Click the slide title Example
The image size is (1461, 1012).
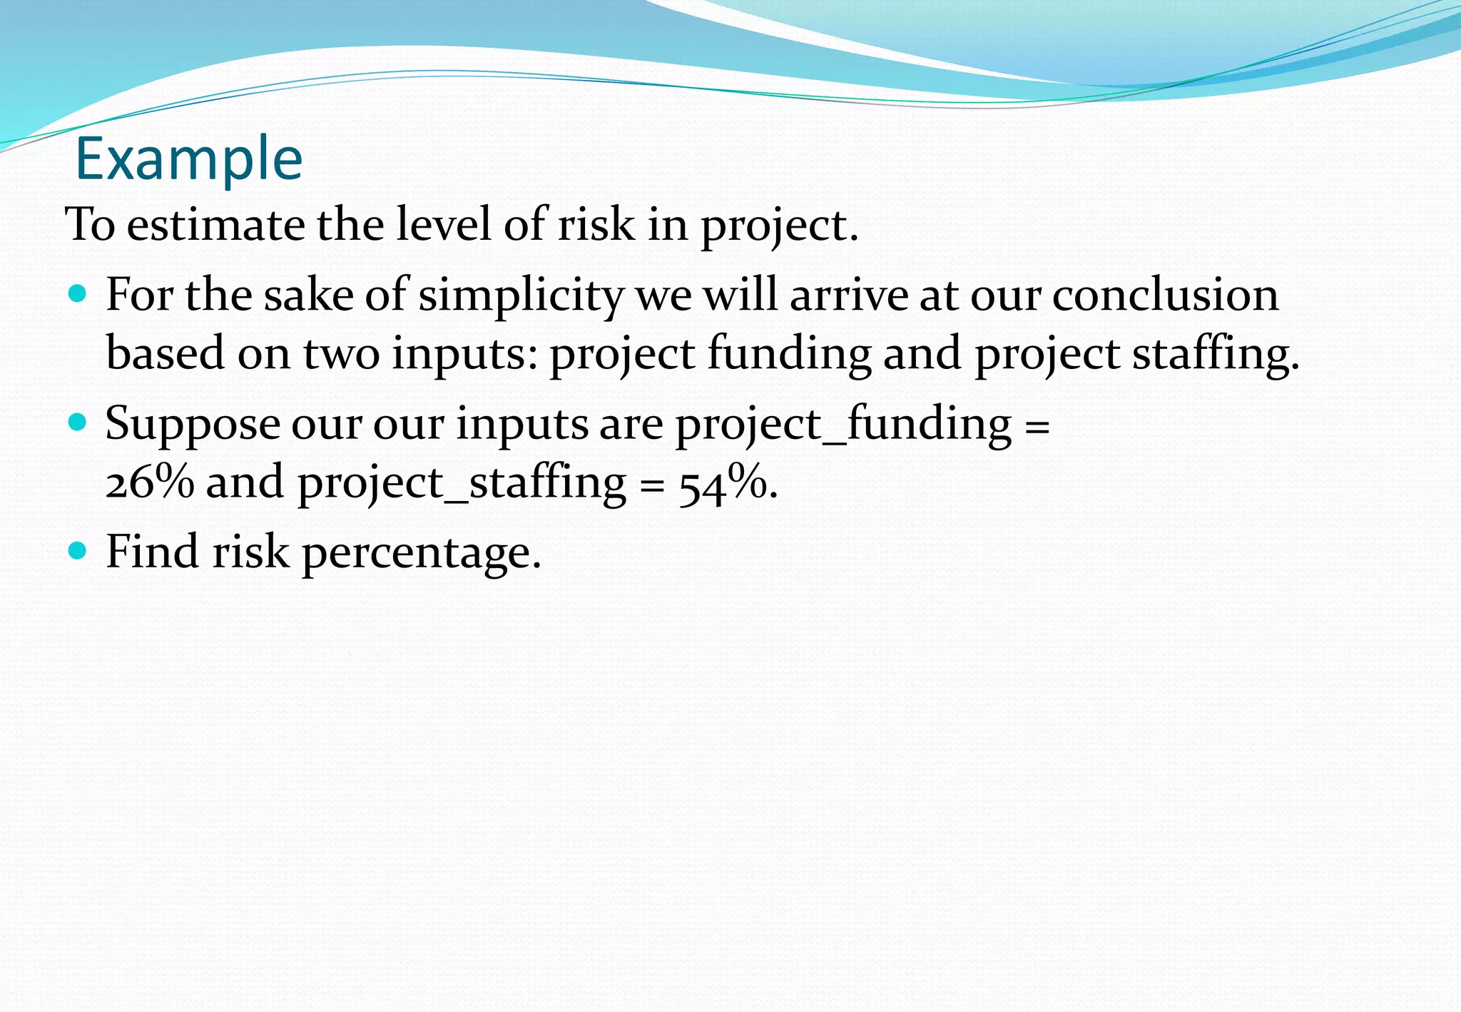189,158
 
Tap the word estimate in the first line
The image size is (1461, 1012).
215,225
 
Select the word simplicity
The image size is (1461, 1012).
521,295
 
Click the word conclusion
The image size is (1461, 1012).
1165,295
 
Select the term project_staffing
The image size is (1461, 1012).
462,483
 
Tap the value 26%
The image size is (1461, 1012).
150,483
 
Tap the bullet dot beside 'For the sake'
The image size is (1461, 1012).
77,293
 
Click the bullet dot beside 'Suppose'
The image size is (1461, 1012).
77,422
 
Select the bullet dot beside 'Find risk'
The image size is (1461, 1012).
77,550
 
